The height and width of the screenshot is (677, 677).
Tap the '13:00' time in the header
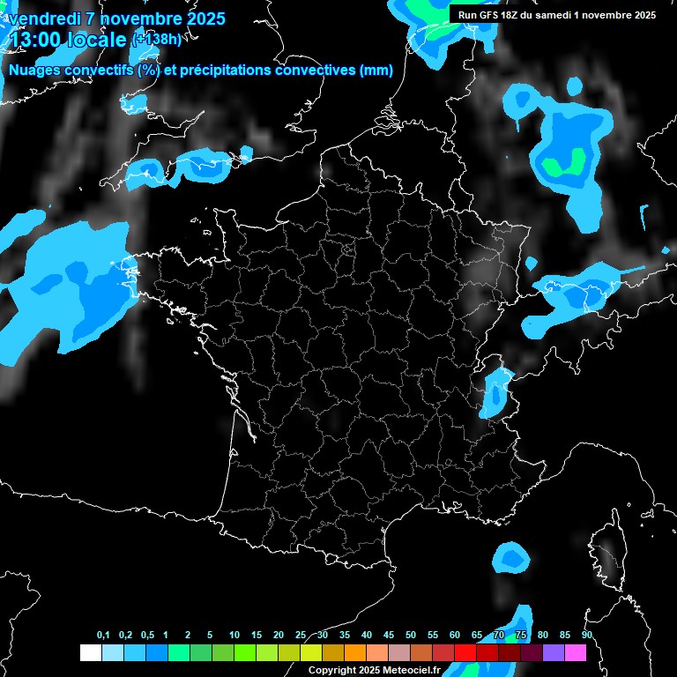click(33, 40)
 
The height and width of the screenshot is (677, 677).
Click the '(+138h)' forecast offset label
click(156, 39)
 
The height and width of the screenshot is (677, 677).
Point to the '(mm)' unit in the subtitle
click(376, 71)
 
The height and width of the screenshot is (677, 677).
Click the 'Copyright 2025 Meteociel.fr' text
click(373, 671)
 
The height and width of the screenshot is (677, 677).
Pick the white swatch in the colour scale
click(90, 653)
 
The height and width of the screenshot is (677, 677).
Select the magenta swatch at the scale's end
click(576, 653)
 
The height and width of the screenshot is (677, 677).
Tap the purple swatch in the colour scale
click(554, 653)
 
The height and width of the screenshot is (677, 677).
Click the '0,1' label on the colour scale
click(102, 636)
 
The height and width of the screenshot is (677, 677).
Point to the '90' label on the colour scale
click(586, 636)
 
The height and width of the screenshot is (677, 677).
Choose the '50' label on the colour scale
click(411, 636)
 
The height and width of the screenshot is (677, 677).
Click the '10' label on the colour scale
click(234, 636)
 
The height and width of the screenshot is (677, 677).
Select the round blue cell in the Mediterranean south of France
click(511, 557)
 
